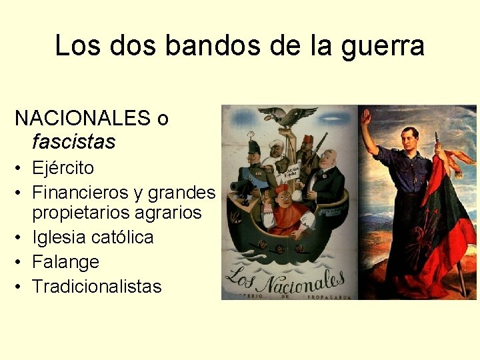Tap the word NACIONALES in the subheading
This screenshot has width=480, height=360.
point(83,119)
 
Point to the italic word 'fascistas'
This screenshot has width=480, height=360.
point(73,141)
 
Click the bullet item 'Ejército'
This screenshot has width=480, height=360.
point(63,167)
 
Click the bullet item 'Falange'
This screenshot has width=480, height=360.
point(65,262)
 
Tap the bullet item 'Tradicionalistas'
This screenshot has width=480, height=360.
point(97,287)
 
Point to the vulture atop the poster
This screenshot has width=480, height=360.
point(288,116)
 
